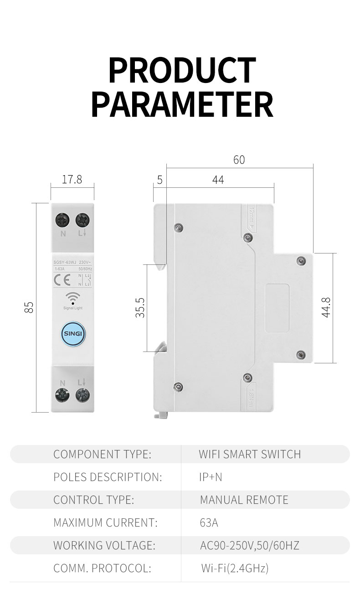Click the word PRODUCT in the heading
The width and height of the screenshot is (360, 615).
(182, 71)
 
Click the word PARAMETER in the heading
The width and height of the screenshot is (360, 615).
(182, 105)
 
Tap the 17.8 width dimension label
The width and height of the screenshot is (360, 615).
(72, 180)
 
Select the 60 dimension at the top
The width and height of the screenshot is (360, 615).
(239, 160)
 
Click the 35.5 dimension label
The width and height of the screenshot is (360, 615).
(140, 308)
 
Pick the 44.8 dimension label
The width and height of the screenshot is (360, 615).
(326, 307)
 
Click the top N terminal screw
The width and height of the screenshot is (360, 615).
(62, 220)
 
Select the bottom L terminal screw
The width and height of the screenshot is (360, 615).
(82, 394)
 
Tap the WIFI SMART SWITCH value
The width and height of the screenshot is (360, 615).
(250, 454)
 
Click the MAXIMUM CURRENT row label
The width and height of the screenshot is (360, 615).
(105, 522)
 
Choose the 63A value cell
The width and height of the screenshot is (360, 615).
(209, 522)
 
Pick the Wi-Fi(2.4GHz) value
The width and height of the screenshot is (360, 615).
(235, 568)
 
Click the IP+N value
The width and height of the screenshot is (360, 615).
(211, 477)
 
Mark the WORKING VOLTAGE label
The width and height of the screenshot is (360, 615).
(104, 545)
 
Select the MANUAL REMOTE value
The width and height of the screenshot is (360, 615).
(244, 500)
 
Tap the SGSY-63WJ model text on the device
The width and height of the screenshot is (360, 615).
(64, 263)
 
